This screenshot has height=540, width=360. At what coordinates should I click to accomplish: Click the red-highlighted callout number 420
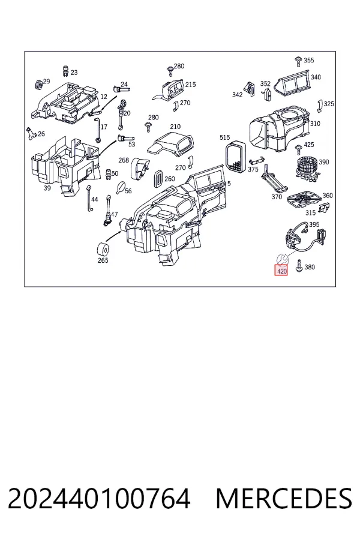281,271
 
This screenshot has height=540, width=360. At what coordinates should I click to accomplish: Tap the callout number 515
224,137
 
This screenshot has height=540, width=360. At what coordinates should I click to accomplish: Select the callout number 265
103,260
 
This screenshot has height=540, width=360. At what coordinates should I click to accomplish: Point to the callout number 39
47,188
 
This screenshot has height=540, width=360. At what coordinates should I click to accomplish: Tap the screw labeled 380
299,266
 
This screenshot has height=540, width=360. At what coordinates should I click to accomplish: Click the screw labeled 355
298,61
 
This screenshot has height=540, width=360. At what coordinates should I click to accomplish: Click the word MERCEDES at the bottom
284,498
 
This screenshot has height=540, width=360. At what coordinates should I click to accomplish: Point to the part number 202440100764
99,498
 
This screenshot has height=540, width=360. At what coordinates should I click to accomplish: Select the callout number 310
315,124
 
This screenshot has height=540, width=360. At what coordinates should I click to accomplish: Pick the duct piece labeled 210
170,143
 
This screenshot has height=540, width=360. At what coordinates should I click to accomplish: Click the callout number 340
316,77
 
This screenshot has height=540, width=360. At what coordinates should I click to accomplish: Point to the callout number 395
314,224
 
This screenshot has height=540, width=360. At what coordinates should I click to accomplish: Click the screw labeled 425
298,149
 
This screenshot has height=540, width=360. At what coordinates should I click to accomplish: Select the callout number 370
277,197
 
